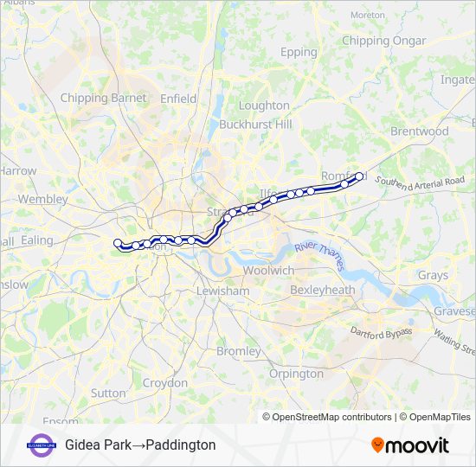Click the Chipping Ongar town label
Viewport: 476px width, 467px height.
point(383,41)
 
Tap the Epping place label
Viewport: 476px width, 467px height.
point(299,52)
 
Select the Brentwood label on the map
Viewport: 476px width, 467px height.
point(420,131)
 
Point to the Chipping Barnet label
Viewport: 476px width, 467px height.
point(103,98)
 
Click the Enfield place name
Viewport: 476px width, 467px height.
point(178,99)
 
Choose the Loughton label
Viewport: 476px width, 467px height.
point(264,106)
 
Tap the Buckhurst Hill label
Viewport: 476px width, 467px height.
point(255,125)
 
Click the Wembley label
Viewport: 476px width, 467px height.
point(42,199)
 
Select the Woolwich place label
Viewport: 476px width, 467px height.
point(268,270)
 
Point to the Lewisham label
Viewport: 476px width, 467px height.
point(223,291)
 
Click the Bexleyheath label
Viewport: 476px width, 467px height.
point(322,290)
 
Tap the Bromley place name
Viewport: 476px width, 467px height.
point(238,352)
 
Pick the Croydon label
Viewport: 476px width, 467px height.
point(164,382)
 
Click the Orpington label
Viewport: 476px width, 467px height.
point(296,374)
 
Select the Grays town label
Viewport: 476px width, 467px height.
point(433,276)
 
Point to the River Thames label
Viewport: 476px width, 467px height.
point(319,259)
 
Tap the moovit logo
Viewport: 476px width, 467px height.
point(410,445)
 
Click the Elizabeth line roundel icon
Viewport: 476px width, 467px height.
point(40,445)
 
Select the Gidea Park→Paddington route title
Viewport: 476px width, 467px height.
point(140,445)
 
